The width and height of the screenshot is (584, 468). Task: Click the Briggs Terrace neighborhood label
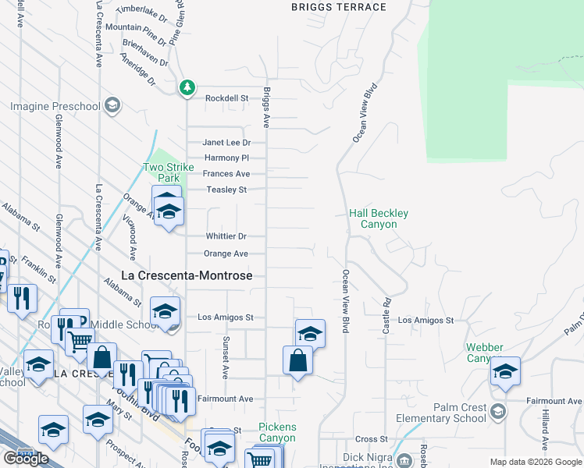338,7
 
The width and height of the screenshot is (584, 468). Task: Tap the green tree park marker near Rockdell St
187,88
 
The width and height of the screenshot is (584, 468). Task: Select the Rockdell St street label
226,98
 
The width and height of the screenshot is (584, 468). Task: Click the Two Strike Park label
162,172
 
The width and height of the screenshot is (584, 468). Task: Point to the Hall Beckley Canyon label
379,218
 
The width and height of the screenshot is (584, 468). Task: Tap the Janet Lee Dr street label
226,143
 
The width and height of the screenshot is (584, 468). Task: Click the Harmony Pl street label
226,158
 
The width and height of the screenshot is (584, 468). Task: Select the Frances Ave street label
226,174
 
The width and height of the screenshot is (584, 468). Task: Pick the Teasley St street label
226,190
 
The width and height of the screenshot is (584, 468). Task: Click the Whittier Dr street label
226,236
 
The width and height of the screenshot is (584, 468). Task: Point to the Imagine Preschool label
55,106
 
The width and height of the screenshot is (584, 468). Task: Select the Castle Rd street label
386,316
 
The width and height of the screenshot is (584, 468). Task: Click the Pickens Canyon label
277,433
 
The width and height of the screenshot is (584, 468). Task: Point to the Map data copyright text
536,462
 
